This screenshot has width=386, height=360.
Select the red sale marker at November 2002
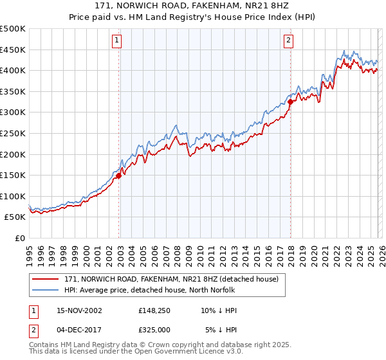coord(119,175)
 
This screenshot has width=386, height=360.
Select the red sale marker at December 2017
coord(290,102)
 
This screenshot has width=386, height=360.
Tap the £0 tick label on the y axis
coord(19,238)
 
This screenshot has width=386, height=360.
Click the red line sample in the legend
coord(46,279)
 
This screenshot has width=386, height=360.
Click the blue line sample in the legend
coord(46,290)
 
